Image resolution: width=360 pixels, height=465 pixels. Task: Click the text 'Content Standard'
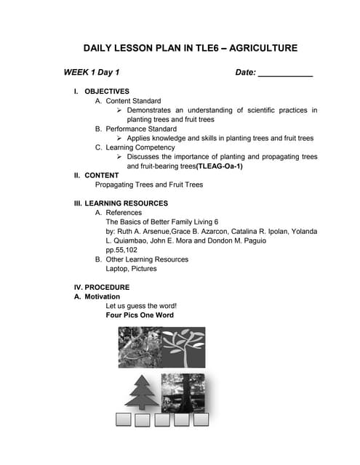click(133, 101)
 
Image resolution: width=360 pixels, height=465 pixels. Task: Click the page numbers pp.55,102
click(121, 250)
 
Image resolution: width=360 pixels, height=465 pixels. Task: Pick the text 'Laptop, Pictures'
click(131, 269)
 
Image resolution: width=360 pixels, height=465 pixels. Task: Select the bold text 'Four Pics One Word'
click(140, 315)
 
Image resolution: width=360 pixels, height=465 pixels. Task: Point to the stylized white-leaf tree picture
click(183, 347)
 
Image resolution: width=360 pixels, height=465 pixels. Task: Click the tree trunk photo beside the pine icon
click(183, 392)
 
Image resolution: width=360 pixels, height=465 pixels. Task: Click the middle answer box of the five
click(161, 419)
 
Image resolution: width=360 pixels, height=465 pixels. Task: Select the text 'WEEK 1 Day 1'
click(92, 73)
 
